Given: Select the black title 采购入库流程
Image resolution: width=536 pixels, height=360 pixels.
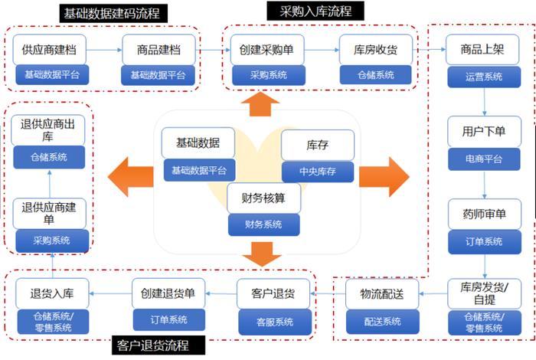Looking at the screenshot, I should click(x=315, y=11).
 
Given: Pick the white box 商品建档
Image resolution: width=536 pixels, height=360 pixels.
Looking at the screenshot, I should click(x=159, y=50).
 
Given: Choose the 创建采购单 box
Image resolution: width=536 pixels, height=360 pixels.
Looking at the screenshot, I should click(x=266, y=50).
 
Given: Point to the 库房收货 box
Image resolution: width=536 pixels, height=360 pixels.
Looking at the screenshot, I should click(x=375, y=50).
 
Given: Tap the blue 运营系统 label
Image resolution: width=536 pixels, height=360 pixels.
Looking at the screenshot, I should click(x=484, y=76).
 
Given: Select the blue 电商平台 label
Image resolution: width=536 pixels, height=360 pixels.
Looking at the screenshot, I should click(x=484, y=159).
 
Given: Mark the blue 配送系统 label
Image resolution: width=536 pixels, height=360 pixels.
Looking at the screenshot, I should click(x=381, y=321).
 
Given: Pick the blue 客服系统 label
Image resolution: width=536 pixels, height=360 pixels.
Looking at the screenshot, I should click(x=273, y=321).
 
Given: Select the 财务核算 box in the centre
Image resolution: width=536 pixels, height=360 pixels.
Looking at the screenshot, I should click(x=263, y=198).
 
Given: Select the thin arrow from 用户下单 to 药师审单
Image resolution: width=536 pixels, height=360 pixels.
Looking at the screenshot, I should click(x=484, y=184).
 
